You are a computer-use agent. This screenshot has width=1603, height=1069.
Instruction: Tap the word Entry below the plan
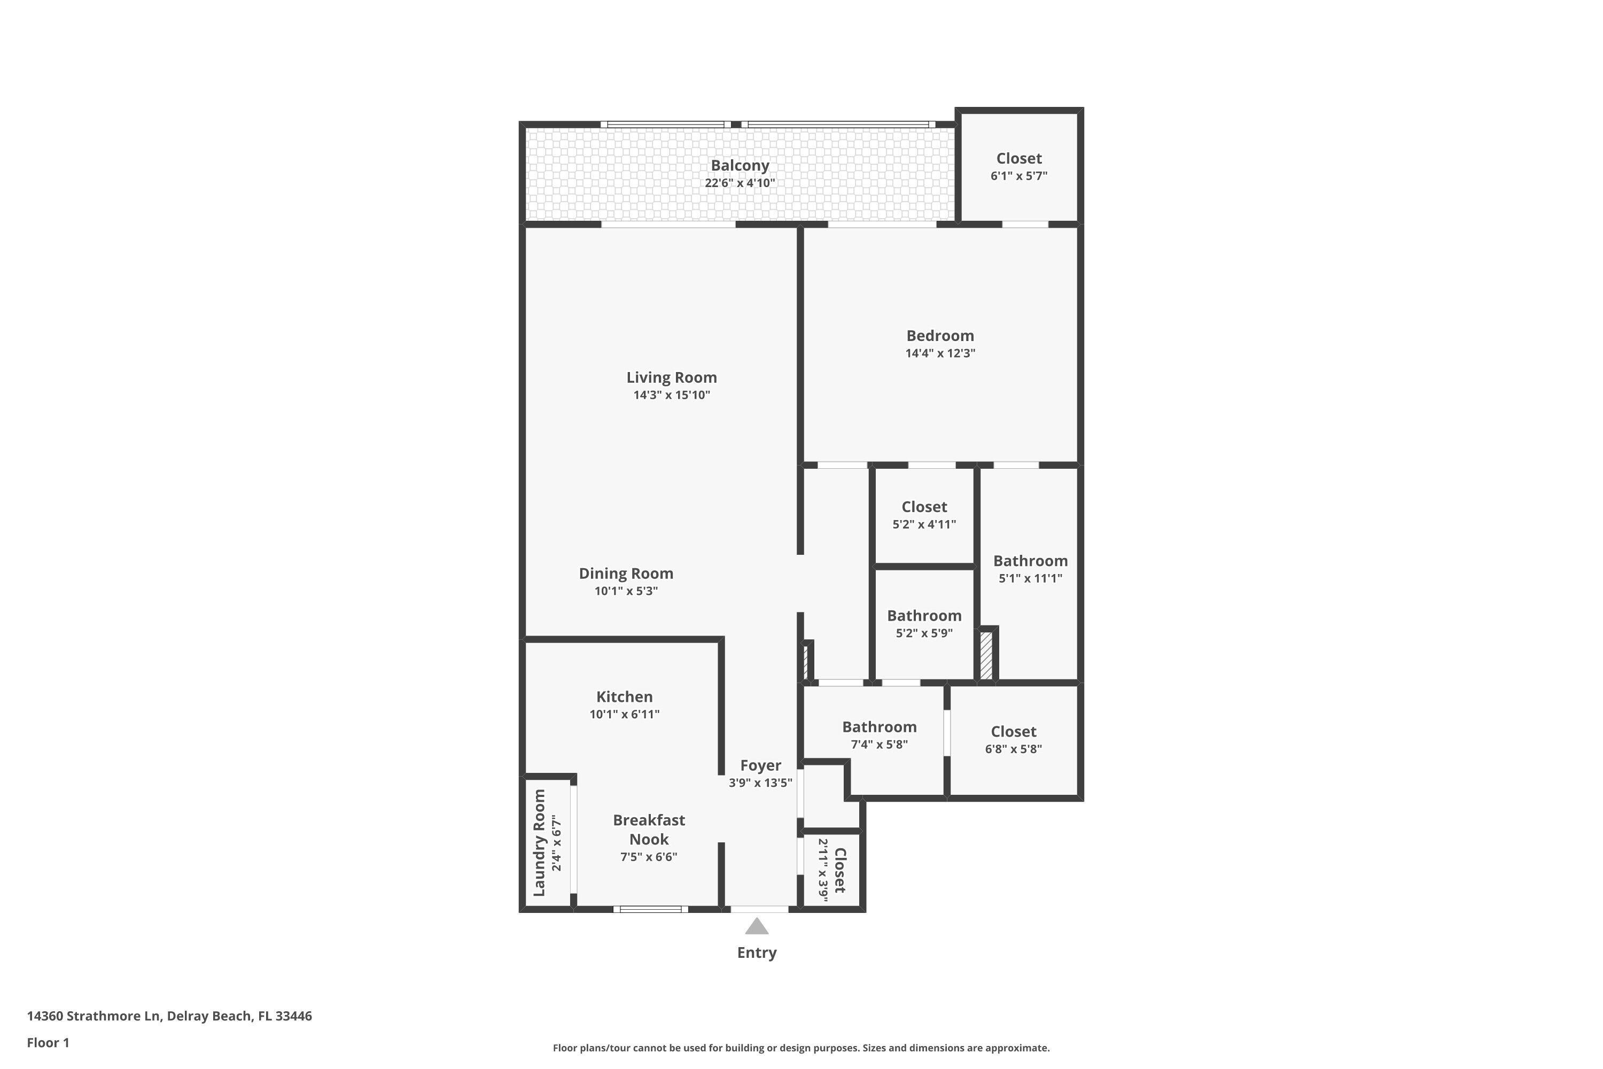pyautogui.click(x=757, y=953)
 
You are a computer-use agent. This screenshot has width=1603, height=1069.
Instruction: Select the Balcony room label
pyautogui.click(x=740, y=166)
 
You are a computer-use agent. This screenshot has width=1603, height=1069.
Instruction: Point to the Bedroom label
pyautogui.click(x=940, y=336)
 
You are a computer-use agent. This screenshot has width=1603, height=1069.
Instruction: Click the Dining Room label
pyautogui.click(x=626, y=574)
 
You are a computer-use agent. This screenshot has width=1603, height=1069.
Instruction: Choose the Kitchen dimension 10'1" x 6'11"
pyautogui.click(x=624, y=714)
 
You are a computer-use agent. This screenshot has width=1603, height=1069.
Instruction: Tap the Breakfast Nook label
pyautogui.click(x=648, y=830)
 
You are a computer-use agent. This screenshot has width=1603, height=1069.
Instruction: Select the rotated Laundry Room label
pyautogui.click(x=539, y=843)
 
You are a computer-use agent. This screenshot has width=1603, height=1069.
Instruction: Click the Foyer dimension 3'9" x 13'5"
pyautogui.click(x=760, y=783)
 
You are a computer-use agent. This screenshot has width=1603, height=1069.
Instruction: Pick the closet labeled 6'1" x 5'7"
pyautogui.click(x=1018, y=166)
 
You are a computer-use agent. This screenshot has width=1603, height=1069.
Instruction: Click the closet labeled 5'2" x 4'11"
pyautogui.click(x=924, y=515)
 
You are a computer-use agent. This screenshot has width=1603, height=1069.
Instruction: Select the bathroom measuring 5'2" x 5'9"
pyautogui.click(x=924, y=623)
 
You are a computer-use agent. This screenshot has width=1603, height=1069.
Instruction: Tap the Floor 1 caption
pyautogui.click(x=48, y=1042)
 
